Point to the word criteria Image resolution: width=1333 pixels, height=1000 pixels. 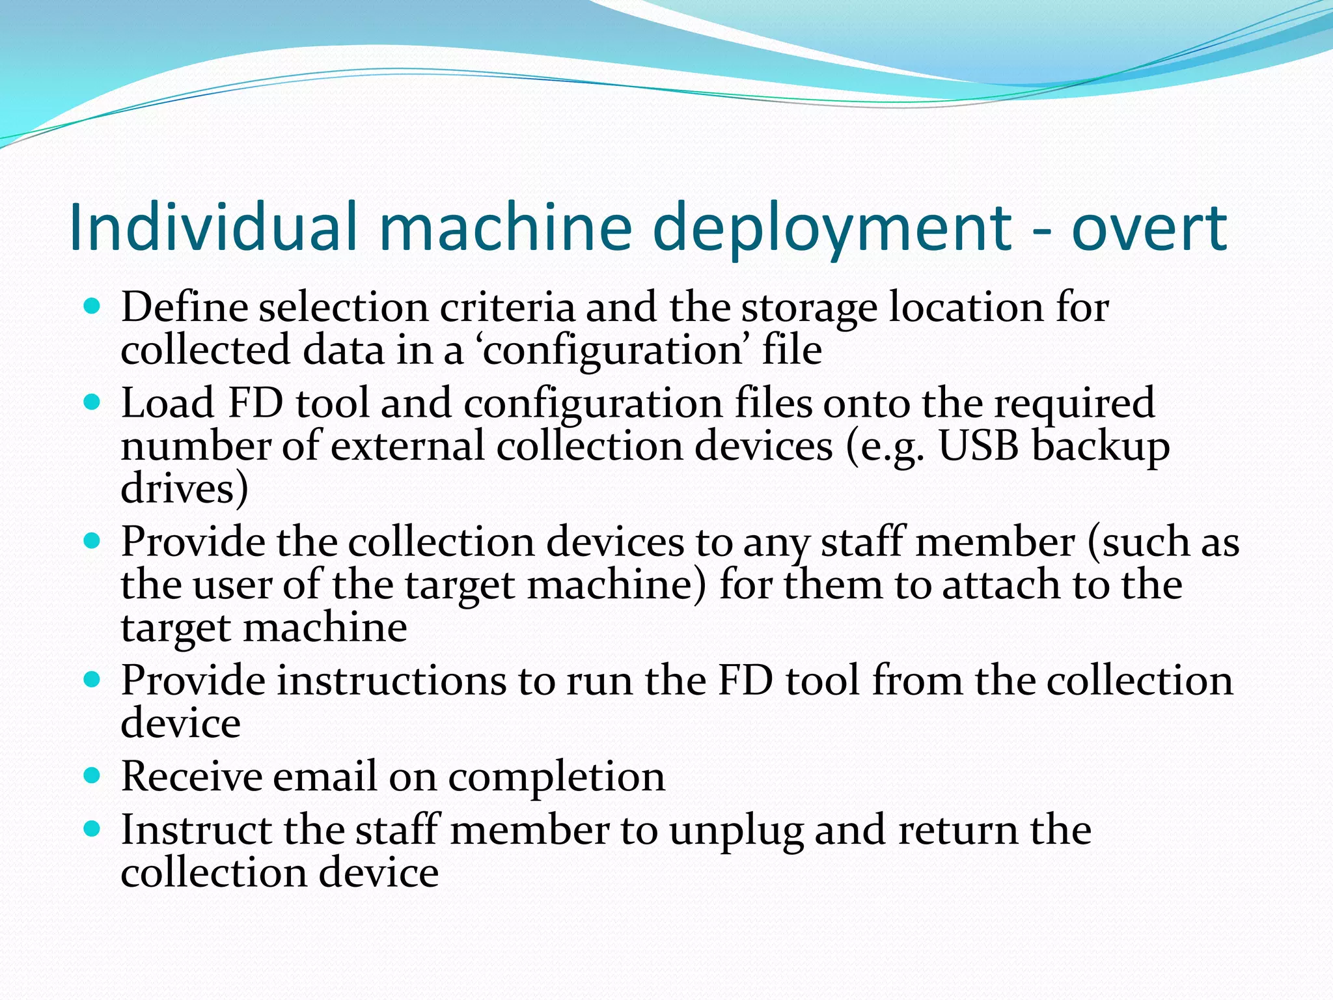pyautogui.click(x=507, y=307)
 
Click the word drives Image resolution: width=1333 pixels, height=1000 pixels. pyautogui.click(x=184, y=489)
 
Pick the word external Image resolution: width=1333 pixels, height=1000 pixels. pyautogui.click(x=407, y=447)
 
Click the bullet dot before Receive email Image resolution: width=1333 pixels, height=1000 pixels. pyautogui.click(x=92, y=774)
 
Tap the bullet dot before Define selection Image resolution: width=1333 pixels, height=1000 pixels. pyautogui.click(x=92, y=305)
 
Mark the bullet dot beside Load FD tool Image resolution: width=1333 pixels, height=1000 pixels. pyautogui.click(x=92, y=402)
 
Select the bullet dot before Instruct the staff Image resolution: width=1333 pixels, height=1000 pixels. pyautogui.click(x=92, y=829)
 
